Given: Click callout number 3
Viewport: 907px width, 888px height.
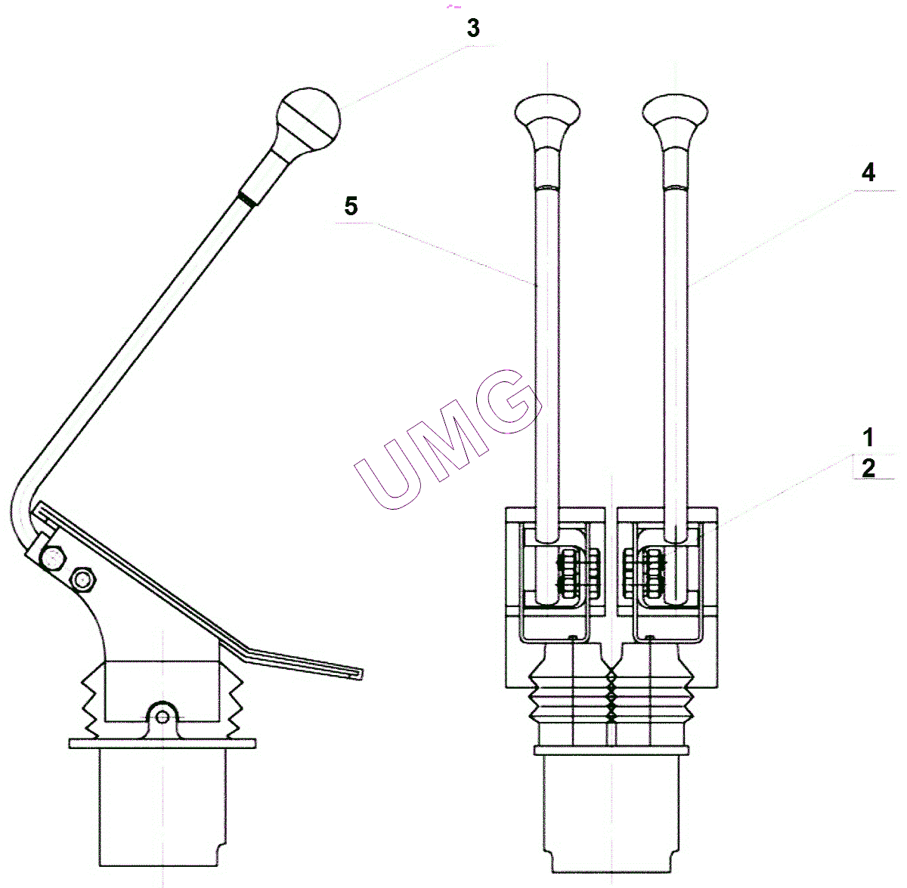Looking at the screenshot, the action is [473, 28].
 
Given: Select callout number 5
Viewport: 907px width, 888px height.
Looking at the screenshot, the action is [351, 206].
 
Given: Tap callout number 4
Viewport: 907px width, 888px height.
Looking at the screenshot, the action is [868, 173].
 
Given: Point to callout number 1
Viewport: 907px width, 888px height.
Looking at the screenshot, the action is [868, 437].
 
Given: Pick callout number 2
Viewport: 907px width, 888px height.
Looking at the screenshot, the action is [868, 467].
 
